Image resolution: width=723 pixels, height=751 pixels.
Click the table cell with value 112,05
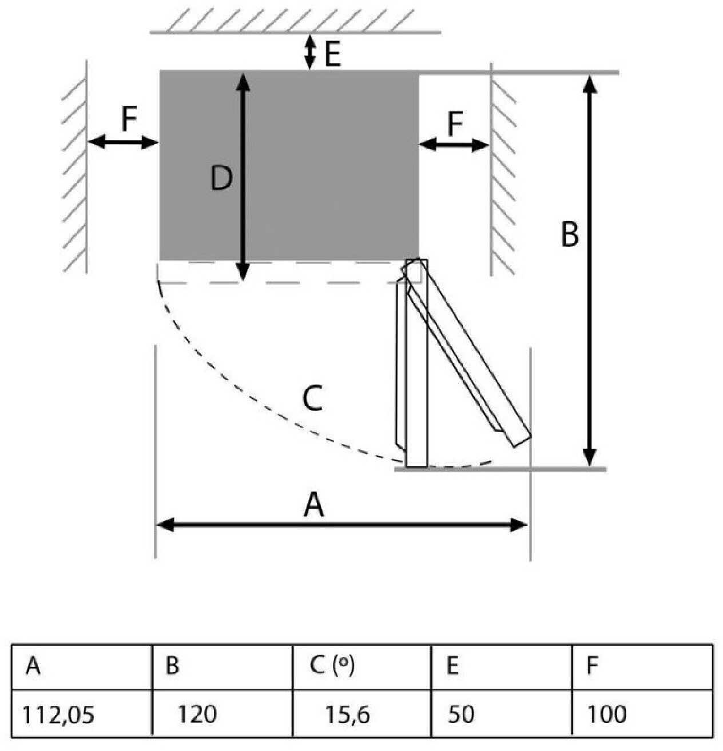[x=58, y=714]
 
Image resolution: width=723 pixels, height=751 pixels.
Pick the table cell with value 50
[x=461, y=714]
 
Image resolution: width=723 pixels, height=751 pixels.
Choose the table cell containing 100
[x=607, y=714]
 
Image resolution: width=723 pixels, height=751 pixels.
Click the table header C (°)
[x=332, y=666]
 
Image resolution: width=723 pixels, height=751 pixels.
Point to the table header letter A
[x=33, y=666]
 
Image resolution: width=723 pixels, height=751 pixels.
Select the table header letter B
[x=172, y=666]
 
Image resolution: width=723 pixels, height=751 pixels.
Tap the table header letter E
[x=452, y=666]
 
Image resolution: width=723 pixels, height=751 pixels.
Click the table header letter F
[x=593, y=666]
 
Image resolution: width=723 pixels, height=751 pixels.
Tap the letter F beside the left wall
[x=129, y=119]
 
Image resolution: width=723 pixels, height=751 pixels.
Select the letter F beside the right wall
[x=455, y=124]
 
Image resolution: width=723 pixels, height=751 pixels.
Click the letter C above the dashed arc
[x=312, y=398]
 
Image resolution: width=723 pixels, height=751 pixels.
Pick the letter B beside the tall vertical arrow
[x=570, y=234]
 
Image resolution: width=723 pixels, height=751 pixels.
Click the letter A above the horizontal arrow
[x=313, y=505]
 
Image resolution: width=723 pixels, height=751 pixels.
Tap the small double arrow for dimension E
[x=309, y=51]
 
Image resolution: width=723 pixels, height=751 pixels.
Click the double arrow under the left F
[x=123, y=142]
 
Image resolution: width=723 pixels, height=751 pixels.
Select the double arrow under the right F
[x=454, y=145]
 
